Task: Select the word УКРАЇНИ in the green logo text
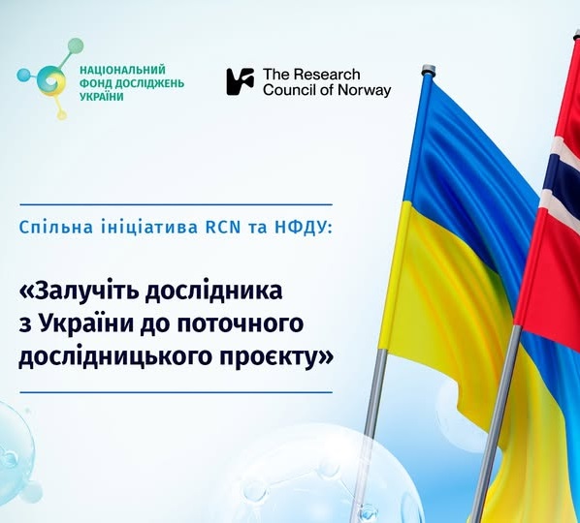tap(102, 97)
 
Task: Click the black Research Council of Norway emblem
tap(241, 81)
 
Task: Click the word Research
tap(326, 75)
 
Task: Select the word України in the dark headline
tap(94, 323)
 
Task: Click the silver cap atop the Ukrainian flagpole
tap(428, 70)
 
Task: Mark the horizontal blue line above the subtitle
tap(177, 204)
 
